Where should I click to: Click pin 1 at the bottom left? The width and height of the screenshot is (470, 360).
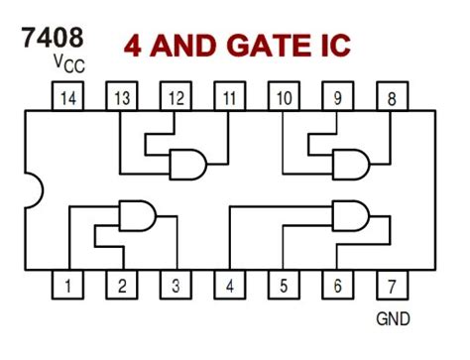(67, 286)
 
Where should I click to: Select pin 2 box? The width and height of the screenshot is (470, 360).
(121, 286)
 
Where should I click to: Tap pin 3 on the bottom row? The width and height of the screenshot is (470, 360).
(176, 286)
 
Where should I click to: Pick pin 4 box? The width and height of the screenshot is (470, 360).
(230, 286)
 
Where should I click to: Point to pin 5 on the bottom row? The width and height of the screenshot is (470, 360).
(284, 286)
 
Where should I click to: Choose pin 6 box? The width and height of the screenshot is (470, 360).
(337, 286)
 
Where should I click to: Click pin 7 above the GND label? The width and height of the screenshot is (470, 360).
(392, 286)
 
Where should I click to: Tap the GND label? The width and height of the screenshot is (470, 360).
(393, 319)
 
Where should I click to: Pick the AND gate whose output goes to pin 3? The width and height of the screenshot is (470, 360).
(136, 214)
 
